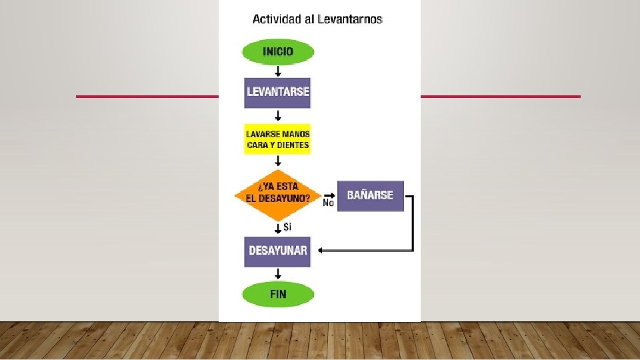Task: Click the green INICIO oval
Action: (277, 52)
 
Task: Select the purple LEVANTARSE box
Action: (277, 92)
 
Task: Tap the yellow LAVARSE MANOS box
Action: (277, 139)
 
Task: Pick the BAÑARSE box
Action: (370, 196)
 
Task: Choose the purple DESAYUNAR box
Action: (277, 251)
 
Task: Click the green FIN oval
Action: (277, 294)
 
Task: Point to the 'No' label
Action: (328, 203)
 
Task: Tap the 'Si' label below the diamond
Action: (287, 227)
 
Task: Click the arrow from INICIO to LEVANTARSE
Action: (277, 71)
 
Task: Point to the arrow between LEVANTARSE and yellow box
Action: (277, 116)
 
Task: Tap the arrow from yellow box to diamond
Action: (277, 161)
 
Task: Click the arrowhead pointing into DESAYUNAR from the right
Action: (321, 251)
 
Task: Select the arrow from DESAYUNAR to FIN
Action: (277, 274)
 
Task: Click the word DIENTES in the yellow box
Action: (293, 145)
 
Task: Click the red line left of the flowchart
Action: (147, 97)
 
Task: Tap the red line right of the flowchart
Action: (500, 97)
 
